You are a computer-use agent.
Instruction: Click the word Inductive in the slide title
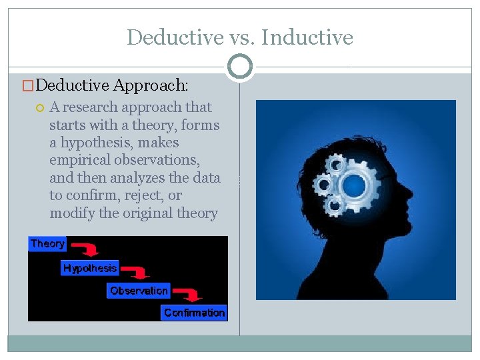307,37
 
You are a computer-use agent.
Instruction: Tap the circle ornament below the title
240,67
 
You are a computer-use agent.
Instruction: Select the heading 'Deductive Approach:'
112,85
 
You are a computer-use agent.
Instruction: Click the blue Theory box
47,244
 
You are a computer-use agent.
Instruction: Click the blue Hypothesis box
90,268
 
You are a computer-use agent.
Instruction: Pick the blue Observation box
139,291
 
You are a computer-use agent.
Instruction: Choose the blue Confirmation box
195,313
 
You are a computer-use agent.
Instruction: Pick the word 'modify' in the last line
67,213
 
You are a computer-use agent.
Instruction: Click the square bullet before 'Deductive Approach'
28,85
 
